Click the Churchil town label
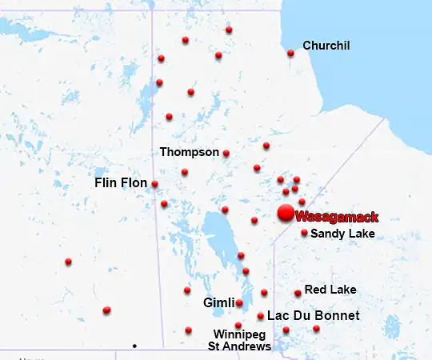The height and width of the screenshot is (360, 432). [326, 46]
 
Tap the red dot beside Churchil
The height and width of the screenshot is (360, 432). [290, 54]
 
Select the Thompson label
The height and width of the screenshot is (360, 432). [189, 151]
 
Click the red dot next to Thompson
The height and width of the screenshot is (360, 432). [226, 153]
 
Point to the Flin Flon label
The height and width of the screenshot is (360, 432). [121, 183]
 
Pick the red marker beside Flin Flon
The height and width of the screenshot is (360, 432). [154, 184]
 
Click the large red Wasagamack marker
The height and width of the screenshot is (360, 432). [285, 213]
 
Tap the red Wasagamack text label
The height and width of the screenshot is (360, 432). [336, 216]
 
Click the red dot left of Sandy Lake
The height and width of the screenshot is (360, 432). [304, 233]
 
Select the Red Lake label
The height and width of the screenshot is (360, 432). [330, 289]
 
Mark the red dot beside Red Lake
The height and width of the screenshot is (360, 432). [298, 293]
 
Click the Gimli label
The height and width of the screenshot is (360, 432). [218, 303]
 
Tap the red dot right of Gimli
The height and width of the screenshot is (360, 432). [239, 303]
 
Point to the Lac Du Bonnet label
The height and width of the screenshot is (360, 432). [313, 316]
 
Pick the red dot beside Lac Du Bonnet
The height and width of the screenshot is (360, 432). [261, 316]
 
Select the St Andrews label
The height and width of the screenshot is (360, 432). [239, 346]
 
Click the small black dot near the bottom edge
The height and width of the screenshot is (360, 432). [134, 346]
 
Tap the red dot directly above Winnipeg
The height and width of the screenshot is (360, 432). [238, 325]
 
